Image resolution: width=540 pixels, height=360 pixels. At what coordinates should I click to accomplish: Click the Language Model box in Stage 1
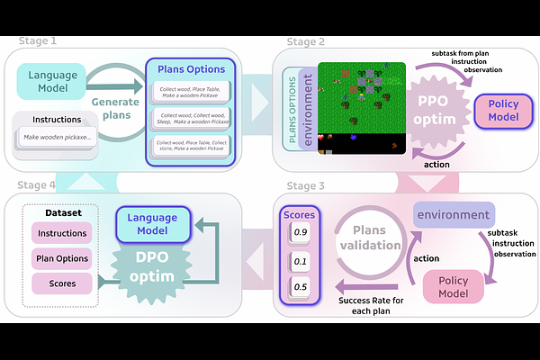tap(52, 81)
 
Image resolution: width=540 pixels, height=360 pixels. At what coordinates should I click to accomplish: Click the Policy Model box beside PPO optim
tap(502, 112)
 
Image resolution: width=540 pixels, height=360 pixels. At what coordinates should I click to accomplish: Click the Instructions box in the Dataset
tap(62, 234)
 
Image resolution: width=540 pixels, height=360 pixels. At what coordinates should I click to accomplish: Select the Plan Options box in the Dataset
tap(62, 258)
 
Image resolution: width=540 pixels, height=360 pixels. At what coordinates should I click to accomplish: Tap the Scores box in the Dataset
tap(62, 283)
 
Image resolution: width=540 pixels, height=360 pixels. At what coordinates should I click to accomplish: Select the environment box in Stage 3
tap(454, 216)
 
